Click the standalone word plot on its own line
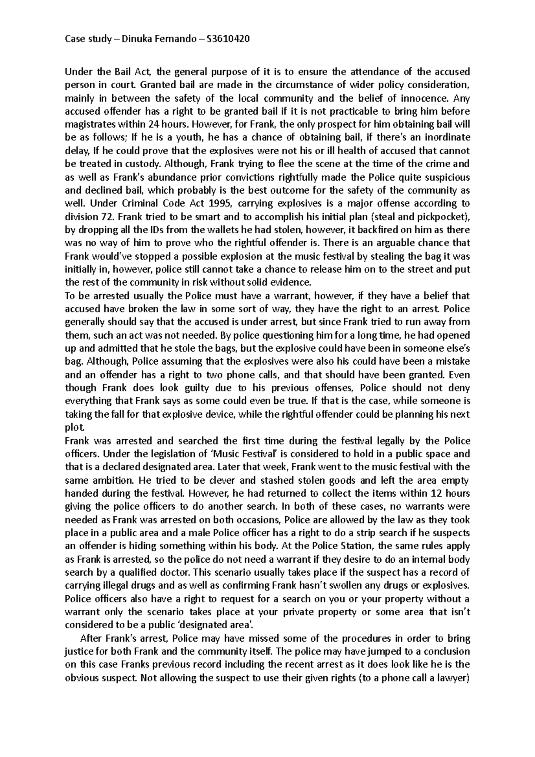pyautogui.click(x=74, y=428)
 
